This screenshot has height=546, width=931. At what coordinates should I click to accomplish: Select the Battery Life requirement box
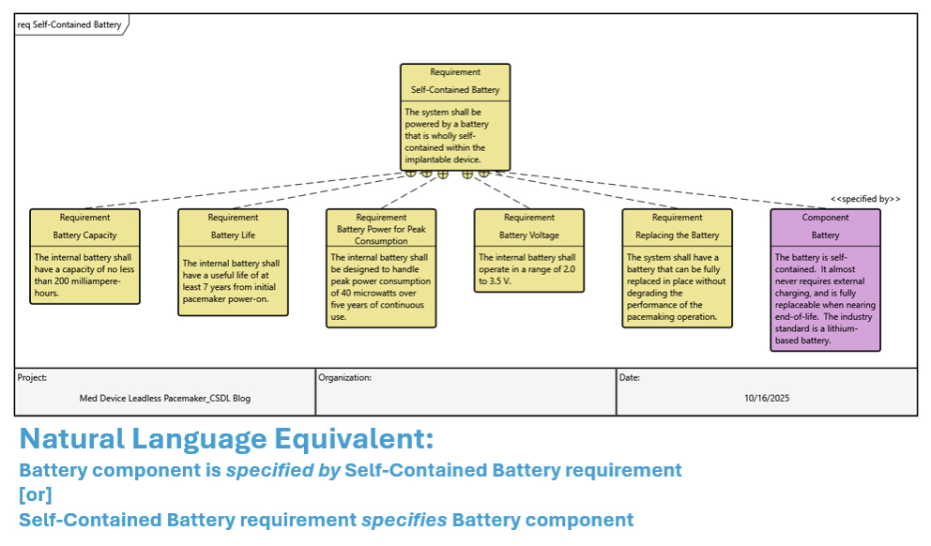click(x=233, y=262)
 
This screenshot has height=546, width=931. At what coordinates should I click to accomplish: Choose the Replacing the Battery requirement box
click(x=677, y=267)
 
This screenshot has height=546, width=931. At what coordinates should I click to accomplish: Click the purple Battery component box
click(x=825, y=280)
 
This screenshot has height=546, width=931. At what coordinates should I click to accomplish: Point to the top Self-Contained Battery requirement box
click(x=455, y=117)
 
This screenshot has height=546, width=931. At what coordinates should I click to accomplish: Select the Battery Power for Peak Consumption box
click(x=381, y=267)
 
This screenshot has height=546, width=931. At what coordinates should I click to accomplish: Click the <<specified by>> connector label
click(x=864, y=199)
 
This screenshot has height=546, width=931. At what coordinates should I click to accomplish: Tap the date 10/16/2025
click(x=767, y=398)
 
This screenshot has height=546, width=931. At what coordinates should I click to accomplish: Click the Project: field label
click(x=33, y=377)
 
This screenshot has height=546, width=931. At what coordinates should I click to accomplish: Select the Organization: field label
click(x=344, y=377)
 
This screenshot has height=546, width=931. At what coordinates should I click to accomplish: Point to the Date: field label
click(x=629, y=377)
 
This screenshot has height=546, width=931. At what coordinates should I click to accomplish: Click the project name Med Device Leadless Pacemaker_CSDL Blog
click(x=165, y=398)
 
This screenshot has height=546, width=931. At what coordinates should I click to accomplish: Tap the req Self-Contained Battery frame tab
click(x=70, y=24)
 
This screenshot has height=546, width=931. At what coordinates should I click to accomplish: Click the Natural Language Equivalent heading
click(x=226, y=438)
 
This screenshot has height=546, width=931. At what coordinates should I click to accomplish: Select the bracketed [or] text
click(x=36, y=494)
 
